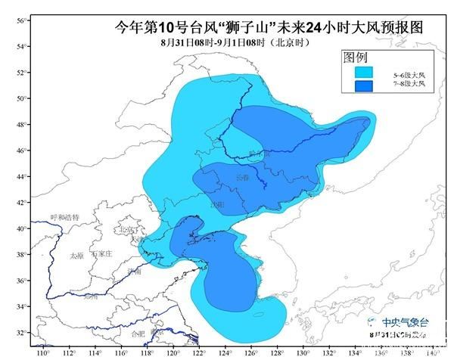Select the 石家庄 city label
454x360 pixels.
[x=101, y=253]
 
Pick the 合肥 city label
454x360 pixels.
[x=137, y=333]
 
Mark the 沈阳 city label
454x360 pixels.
[x=218, y=204]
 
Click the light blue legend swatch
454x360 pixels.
[x=365, y=73]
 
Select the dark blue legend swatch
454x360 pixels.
[x=365, y=85]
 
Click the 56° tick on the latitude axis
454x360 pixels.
[x=21, y=21]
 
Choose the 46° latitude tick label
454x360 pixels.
[x=21, y=151]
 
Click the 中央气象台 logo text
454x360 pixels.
[x=406, y=321]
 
